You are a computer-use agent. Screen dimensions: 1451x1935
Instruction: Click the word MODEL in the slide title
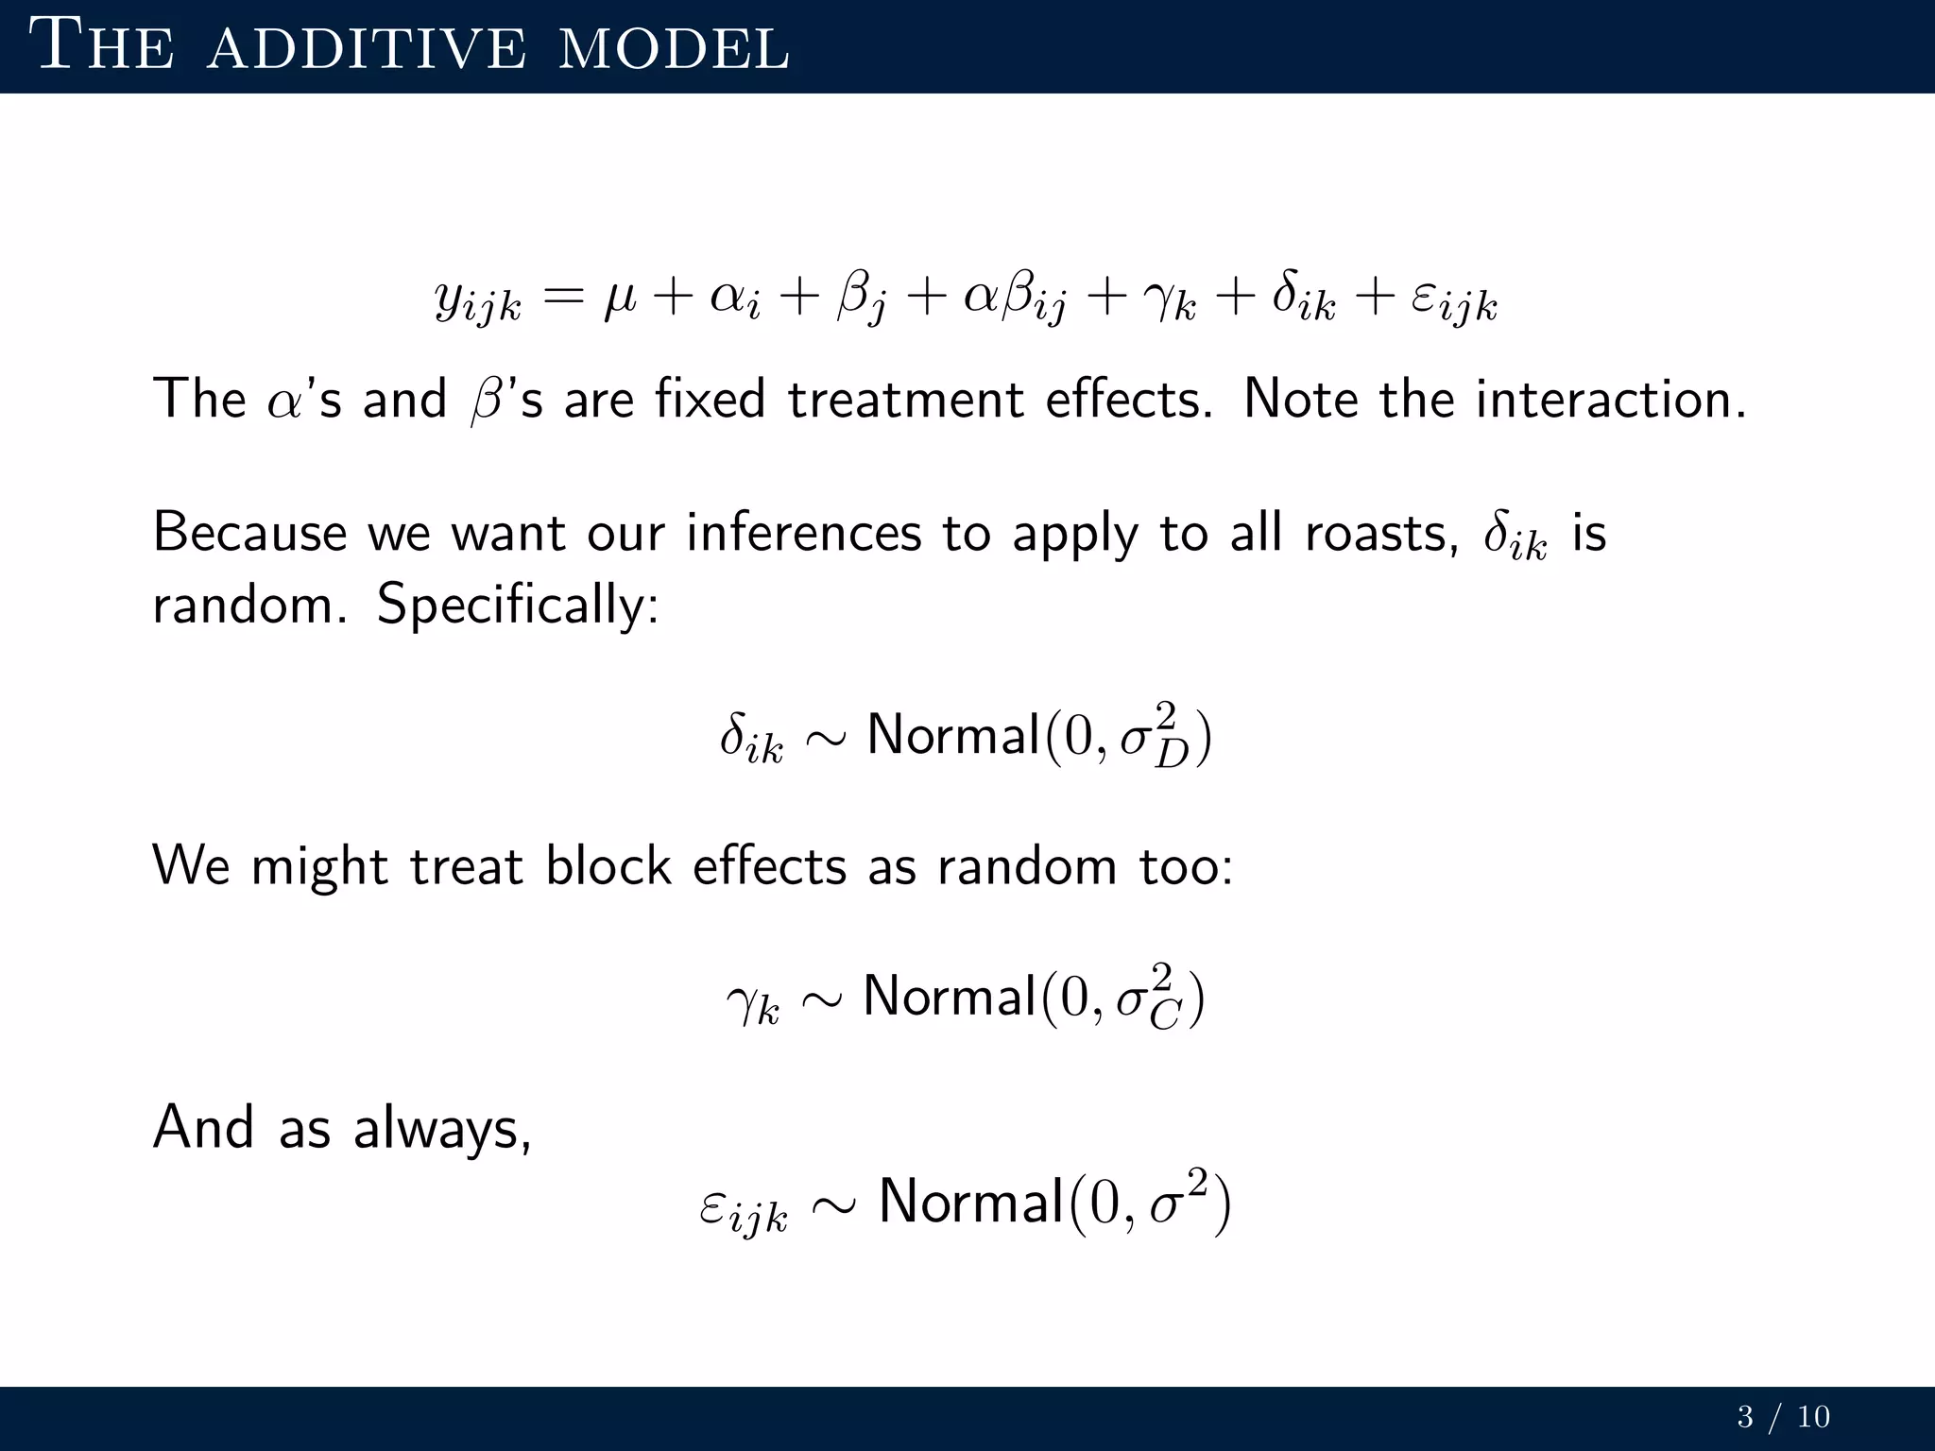[674, 48]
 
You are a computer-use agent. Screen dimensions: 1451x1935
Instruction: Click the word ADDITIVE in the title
[367, 48]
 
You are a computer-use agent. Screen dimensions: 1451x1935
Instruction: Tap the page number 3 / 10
[1783, 1417]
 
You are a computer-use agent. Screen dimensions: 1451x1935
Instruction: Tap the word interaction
[1610, 399]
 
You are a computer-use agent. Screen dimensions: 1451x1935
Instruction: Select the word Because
[250, 533]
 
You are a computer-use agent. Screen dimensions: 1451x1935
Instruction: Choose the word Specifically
[517, 605]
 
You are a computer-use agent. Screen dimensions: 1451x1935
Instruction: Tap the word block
[608, 865]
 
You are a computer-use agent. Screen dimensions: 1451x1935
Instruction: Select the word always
[441, 1129]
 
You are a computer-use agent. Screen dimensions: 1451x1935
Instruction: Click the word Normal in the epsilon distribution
[971, 1202]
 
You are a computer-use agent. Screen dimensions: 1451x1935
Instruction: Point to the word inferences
[803, 534]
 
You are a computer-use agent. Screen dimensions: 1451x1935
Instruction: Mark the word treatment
[905, 399]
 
